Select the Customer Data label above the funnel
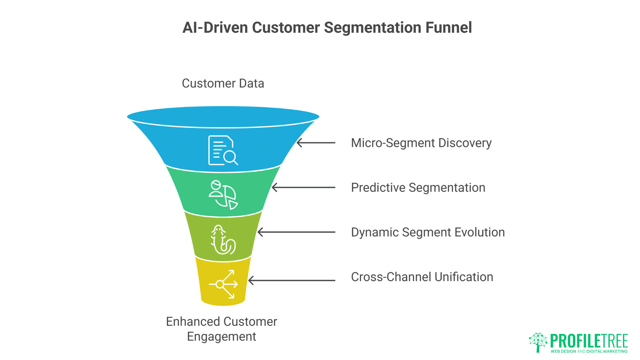(x=223, y=83)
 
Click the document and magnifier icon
(x=223, y=150)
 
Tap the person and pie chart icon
(x=223, y=195)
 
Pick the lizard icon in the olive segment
(x=223, y=240)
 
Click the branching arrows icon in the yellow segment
(x=223, y=284)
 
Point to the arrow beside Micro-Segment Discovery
(x=316, y=143)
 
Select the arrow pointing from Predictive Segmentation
(x=303, y=188)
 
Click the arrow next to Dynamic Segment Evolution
(x=296, y=232)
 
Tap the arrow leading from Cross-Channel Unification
(x=292, y=280)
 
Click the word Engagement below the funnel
(x=221, y=337)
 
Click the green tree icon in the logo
(x=538, y=342)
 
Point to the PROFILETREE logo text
(x=589, y=341)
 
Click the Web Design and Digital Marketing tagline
(x=589, y=351)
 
